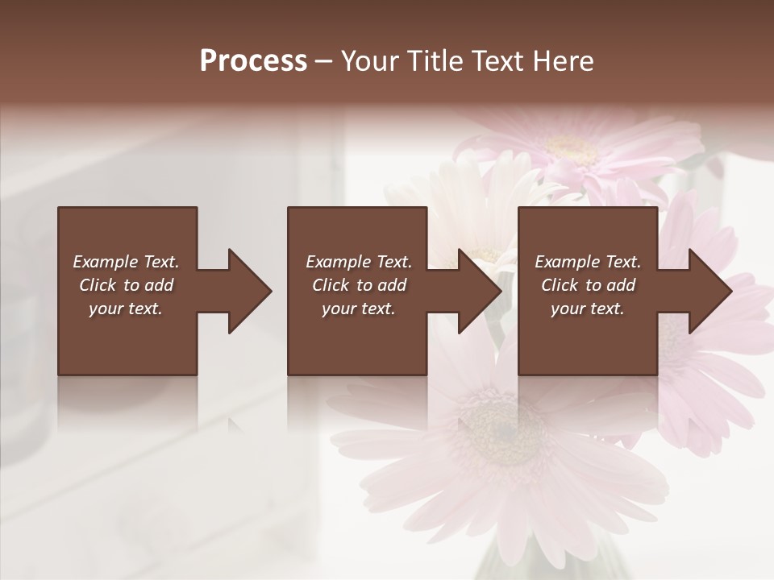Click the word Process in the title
click(x=253, y=61)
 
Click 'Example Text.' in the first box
click(x=127, y=262)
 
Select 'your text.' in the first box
click(x=127, y=309)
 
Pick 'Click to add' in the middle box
click(x=359, y=285)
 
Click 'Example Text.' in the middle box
click(x=359, y=262)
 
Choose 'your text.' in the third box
click(x=588, y=309)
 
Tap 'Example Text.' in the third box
click(x=588, y=262)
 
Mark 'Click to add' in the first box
click(x=127, y=285)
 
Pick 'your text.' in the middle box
click(x=359, y=309)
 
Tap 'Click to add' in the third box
click(x=588, y=285)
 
